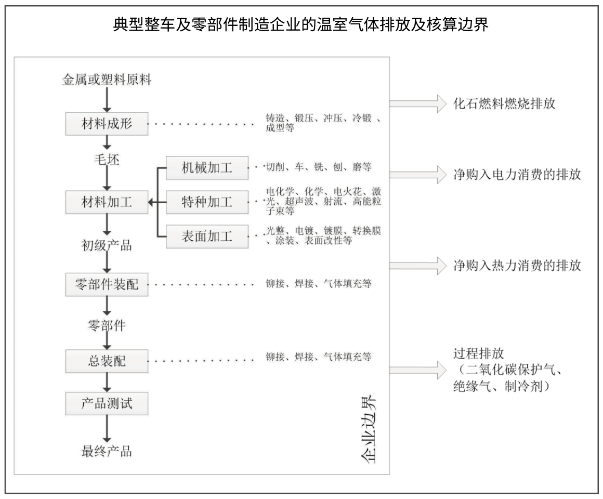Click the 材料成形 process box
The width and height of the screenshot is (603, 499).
tap(107, 123)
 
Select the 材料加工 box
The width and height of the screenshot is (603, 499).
tap(107, 202)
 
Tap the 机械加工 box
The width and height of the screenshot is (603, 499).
tap(207, 167)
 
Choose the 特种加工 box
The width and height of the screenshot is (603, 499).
tap(207, 202)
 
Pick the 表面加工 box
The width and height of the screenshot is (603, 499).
tap(207, 236)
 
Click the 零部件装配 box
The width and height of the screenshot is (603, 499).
tap(107, 284)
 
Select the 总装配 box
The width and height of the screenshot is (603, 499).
tap(107, 361)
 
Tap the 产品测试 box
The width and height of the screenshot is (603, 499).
tap(107, 403)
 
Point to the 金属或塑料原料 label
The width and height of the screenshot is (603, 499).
tap(107, 80)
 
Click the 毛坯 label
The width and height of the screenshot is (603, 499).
tap(107, 159)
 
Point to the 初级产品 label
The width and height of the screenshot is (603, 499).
tap(107, 245)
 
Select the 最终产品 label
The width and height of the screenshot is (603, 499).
tap(107, 451)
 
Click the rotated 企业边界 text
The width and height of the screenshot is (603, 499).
tap(368, 429)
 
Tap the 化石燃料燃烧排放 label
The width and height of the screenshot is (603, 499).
tap(504, 103)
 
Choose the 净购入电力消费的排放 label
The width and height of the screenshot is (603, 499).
tap(517, 175)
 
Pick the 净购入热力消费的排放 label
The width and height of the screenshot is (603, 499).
tap(517, 265)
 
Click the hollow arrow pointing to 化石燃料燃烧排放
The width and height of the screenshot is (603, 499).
tap(418, 103)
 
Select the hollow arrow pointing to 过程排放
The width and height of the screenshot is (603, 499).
tap(418, 370)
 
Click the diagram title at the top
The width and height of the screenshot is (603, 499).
tap(301, 24)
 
